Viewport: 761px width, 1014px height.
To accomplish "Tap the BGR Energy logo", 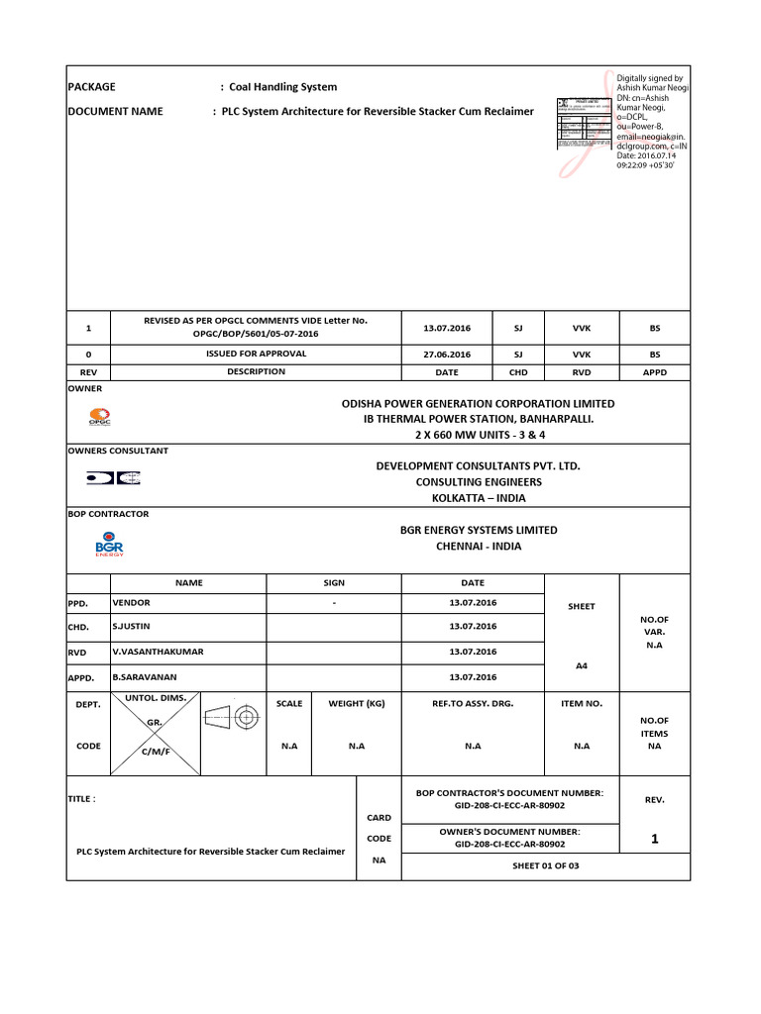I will [108, 545].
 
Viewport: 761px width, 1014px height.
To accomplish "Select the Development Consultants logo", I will [112, 477].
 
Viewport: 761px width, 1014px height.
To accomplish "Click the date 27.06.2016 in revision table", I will [447, 354].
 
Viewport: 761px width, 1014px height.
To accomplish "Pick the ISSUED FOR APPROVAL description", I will [256, 354].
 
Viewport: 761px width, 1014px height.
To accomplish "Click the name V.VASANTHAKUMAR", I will [151, 652].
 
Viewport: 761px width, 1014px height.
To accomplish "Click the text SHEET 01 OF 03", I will [544, 865].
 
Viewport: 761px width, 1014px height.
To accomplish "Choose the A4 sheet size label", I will [582, 666].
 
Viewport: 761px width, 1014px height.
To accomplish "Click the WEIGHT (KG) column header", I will [356, 703].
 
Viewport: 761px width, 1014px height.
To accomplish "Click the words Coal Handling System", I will [283, 87].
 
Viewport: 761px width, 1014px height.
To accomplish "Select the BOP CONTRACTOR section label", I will [108, 514].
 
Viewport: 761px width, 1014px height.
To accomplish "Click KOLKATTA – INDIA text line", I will [471, 497].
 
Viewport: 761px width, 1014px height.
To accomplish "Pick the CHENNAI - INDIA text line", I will [479, 546].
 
